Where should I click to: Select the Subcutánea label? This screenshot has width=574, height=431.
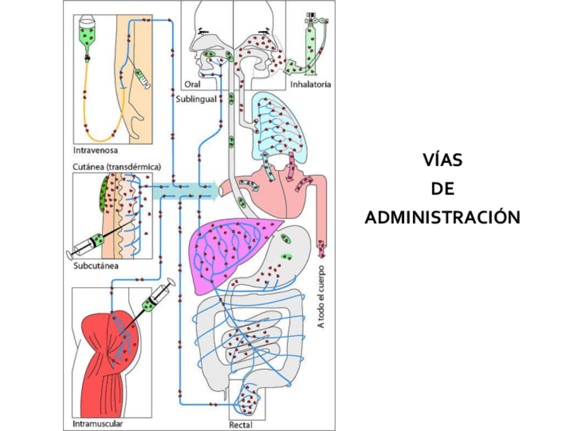96,265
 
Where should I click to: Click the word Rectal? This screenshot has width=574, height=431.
240,425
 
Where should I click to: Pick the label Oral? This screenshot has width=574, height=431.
192,85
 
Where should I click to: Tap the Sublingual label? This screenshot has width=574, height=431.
196,99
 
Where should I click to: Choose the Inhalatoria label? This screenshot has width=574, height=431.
310,85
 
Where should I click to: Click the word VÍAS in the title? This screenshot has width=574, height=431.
442,162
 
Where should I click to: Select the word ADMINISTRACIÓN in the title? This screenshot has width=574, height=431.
442,218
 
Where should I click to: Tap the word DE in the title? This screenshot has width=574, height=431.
442,190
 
